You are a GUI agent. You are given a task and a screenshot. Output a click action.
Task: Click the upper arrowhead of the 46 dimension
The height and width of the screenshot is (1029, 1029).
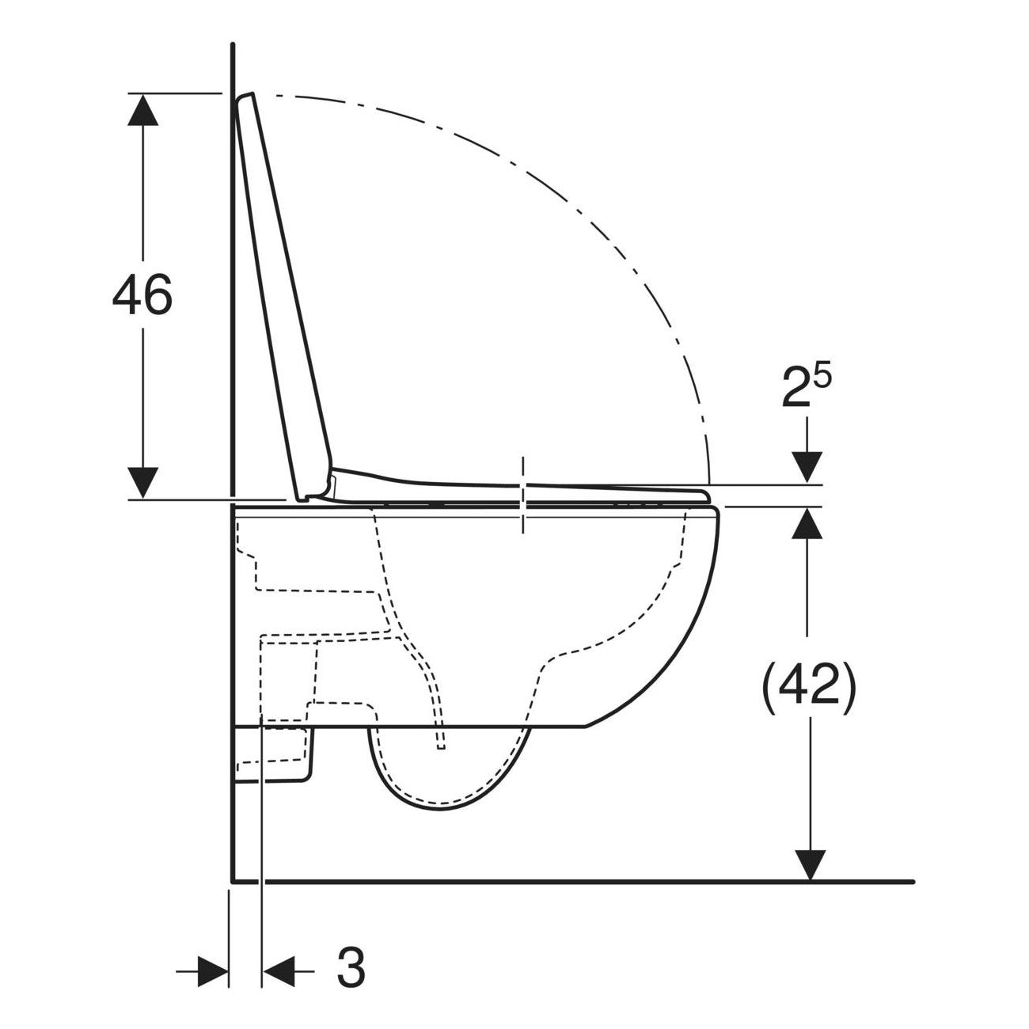point(142,109)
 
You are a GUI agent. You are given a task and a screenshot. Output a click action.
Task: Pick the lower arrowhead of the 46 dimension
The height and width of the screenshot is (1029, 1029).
point(142,483)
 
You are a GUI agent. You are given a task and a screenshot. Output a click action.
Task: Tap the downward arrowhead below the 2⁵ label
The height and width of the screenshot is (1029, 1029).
point(807,467)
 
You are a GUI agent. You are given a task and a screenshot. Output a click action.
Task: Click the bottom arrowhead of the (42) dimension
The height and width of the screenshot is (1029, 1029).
point(810,864)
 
